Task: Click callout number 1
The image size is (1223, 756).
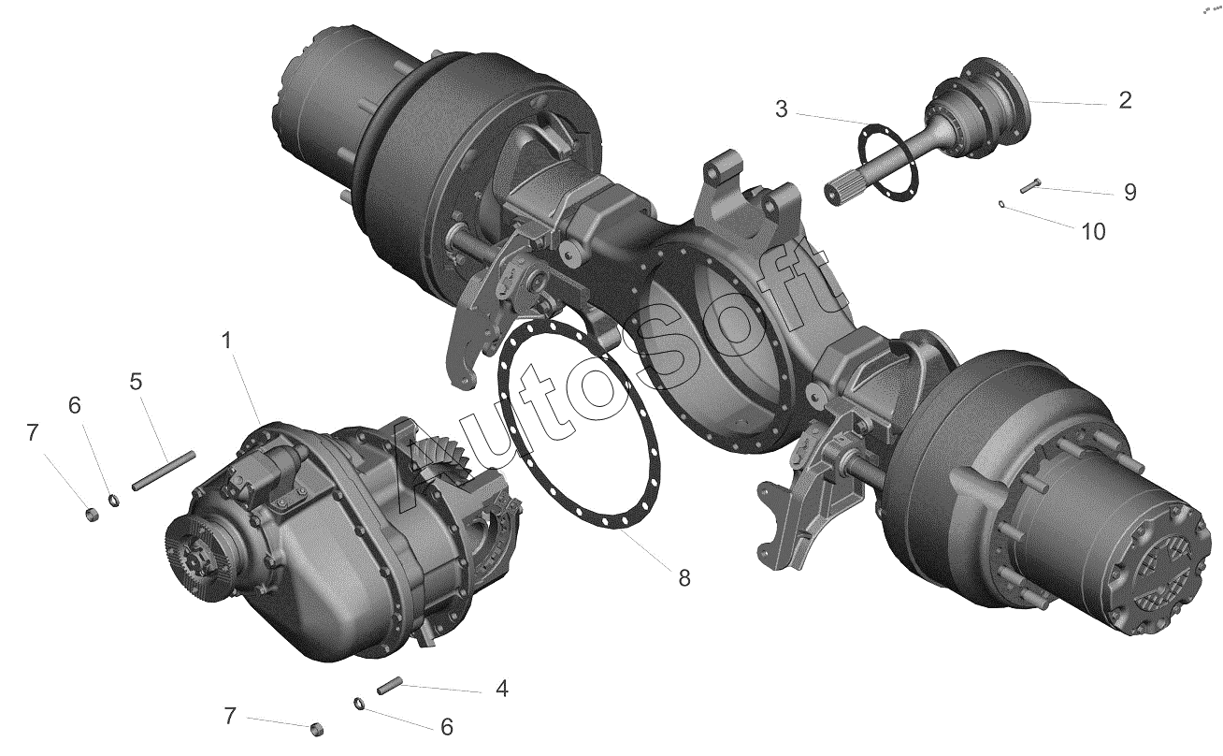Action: pos(226,341)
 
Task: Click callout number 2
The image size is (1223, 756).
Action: pos(1125,100)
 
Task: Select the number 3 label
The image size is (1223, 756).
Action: pos(782,109)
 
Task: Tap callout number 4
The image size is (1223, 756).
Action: pos(502,689)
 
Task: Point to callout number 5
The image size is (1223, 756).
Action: pos(136,382)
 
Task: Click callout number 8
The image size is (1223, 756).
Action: pos(684,577)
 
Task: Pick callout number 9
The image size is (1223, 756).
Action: pos(1129,193)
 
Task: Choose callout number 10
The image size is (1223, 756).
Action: pos(1093,232)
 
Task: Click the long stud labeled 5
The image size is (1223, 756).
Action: pos(164,471)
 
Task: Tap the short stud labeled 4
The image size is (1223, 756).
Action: pos(390,686)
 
